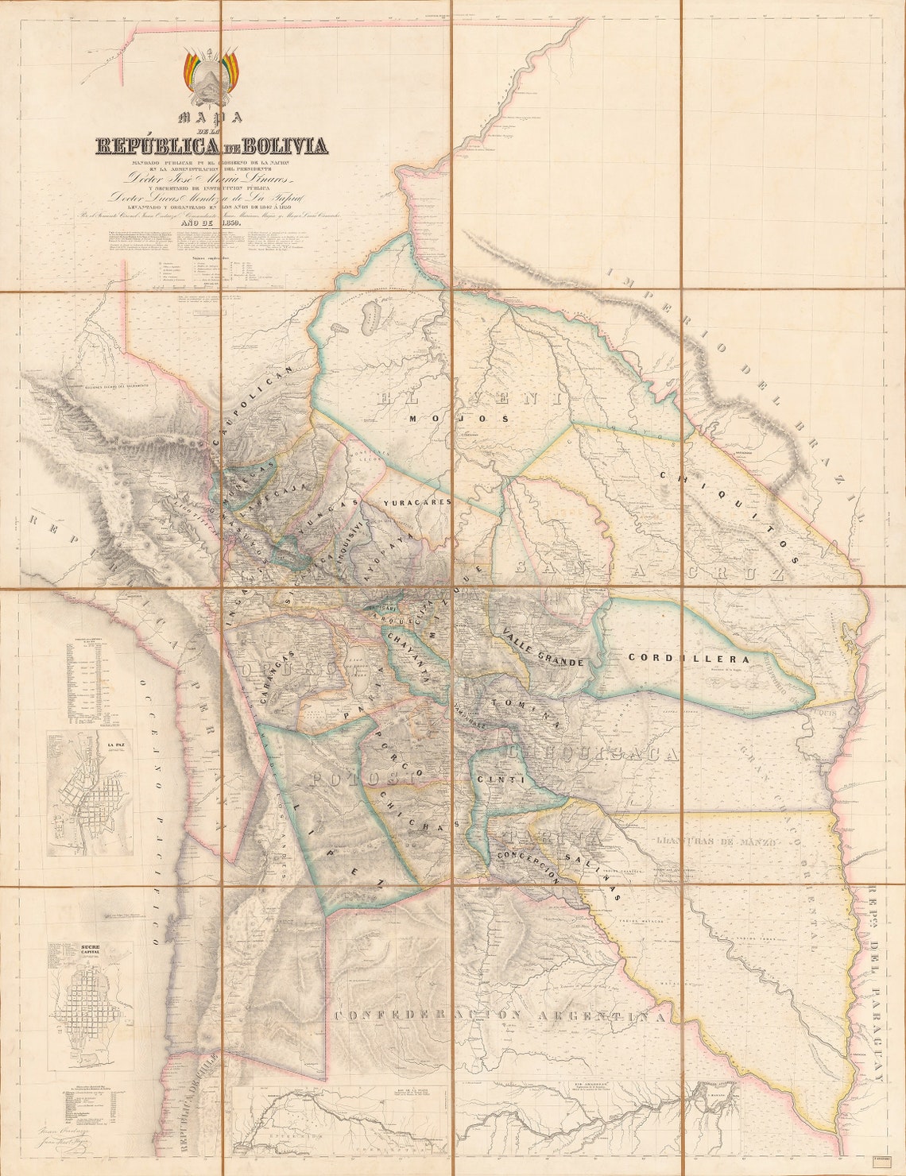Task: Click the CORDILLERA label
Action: pos(689,658)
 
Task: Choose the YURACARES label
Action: pos(416,502)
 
